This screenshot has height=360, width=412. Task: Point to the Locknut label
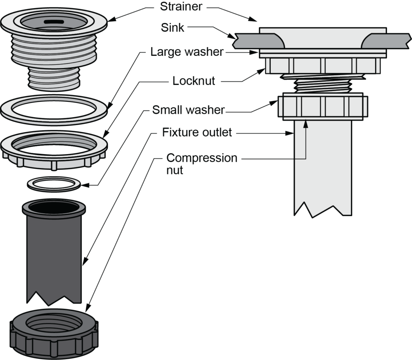click(x=194, y=80)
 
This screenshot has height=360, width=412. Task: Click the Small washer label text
click(x=188, y=110)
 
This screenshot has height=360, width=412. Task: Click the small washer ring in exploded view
click(x=54, y=183)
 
